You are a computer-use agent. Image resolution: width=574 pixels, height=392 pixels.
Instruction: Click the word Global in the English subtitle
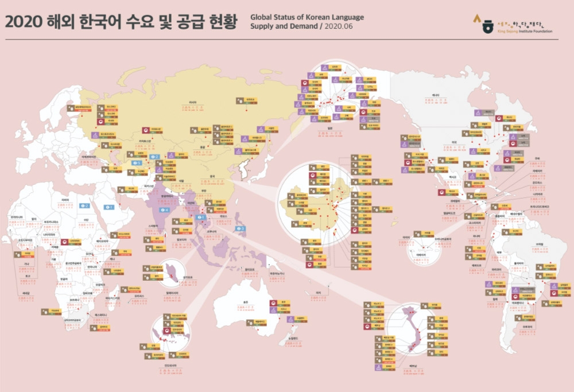262,17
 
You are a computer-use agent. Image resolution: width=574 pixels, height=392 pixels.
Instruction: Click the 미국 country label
453,142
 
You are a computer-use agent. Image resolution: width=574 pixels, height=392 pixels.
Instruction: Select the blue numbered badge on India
164,210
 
